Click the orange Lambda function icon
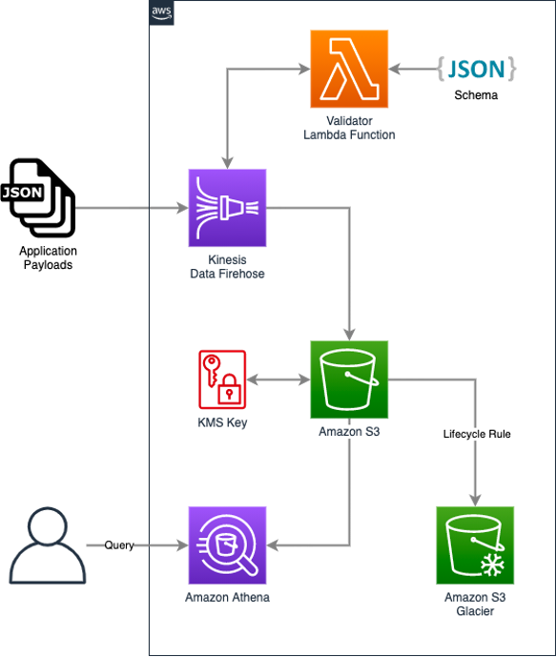pos(349,69)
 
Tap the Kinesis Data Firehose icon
pos(227,208)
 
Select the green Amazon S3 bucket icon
pos(349,380)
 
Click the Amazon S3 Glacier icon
pos(475,545)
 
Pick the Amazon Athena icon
pos(227,545)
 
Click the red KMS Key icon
pos(222,380)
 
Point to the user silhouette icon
pos(48,545)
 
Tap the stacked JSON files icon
pos(38,197)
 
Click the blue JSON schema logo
pos(477,69)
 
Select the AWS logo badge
pos(162,12)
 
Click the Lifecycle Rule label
pos(477,434)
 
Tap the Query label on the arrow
pos(119,545)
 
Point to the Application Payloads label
pos(48,257)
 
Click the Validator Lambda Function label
pos(349,128)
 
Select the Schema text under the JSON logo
pos(476,95)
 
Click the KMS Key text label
pos(222,422)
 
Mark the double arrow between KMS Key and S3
pos(278,380)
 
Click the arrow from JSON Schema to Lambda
pos(412,69)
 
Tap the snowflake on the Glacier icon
pos(493,565)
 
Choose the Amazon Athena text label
pos(227,597)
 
